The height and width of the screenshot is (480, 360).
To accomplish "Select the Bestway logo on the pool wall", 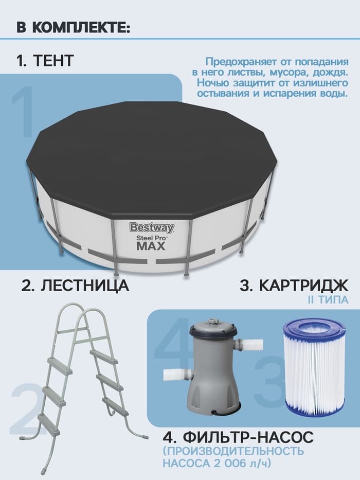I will [x=151, y=227].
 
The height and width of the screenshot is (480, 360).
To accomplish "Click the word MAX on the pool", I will [x=151, y=246].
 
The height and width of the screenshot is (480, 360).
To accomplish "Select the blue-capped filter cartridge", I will [x=314, y=365].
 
